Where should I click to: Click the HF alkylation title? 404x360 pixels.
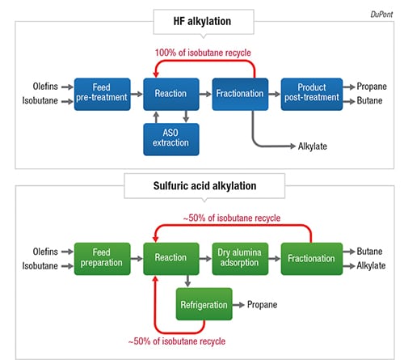pyautogui.click(x=202, y=21)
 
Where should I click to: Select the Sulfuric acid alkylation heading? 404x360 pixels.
pyautogui.click(x=204, y=186)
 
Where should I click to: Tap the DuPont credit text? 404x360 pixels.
pyautogui.click(x=381, y=15)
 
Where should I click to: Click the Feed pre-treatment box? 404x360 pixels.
pyautogui.click(x=102, y=94)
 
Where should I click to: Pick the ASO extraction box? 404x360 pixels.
pyautogui.click(x=171, y=139)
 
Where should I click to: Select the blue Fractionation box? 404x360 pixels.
pyautogui.click(x=240, y=94)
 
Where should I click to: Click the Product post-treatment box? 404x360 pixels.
pyautogui.click(x=312, y=94)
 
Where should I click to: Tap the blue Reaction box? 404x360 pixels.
pyautogui.click(x=171, y=94)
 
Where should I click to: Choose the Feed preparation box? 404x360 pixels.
pyautogui.click(x=102, y=259)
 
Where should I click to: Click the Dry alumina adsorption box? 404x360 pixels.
pyautogui.click(x=240, y=259)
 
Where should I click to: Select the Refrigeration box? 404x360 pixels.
pyautogui.click(x=204, y=304)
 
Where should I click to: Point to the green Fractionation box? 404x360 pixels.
pyautogui.click(x=312, y=259)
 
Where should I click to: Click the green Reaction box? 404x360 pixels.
pyautogui.click(x=171, y=259)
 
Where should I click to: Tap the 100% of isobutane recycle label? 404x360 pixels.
pyautogui.click(x=203, y=53)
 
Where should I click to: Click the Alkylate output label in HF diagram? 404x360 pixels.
pyautogui.click(x=313, y=146)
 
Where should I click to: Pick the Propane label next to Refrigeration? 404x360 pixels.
pyautogui.click(x=262, y=305)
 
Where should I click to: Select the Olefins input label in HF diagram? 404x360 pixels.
pyautogui.click(x=45, y=87)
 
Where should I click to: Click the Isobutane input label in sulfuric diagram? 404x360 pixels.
pyautogui.click(x=40, y=266)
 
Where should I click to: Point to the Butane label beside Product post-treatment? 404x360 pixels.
pyautogui.click(x=369, y=100)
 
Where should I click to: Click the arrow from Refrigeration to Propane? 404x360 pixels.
pyautogui.click(x=238, y=305)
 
